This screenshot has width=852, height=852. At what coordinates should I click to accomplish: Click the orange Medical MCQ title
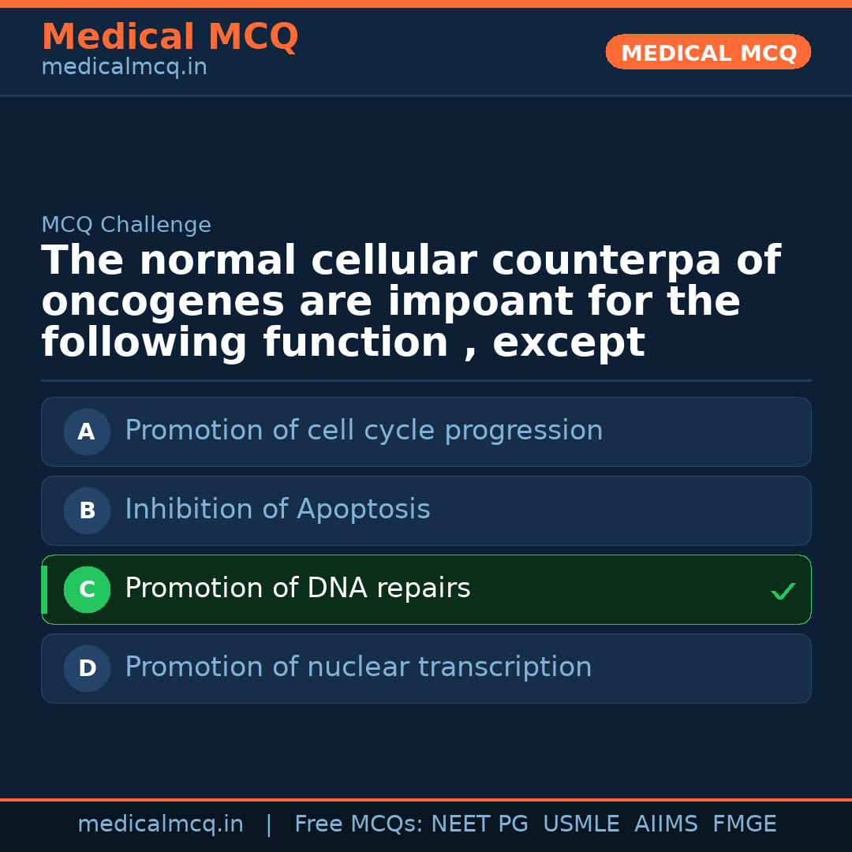pos(170,36)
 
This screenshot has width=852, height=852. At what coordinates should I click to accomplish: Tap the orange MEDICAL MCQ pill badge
pos(708,52)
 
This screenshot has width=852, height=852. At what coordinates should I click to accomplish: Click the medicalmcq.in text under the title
pos(125,67)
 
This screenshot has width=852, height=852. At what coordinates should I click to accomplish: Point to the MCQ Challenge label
pos(126,224)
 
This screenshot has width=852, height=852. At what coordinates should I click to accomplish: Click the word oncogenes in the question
pos(163,302)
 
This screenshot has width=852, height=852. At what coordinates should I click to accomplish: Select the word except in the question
pos(569,343)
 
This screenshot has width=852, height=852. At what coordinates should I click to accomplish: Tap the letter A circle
pos(87,432)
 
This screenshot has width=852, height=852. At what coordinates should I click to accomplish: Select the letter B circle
pos(87,510)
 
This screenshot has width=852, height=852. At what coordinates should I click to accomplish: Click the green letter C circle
pos(87,589)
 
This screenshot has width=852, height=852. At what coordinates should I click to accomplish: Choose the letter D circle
pos(87,668)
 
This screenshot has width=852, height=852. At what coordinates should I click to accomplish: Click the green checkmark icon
pos(783,591)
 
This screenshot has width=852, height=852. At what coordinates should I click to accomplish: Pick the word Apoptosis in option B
pos(364,509)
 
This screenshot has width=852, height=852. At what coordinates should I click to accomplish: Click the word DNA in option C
pos(338,588)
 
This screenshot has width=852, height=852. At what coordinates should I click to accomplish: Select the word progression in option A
pos(524,431)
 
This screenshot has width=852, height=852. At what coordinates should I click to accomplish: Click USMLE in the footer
pos(581,824)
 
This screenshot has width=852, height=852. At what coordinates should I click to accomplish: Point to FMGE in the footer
pos(745,824)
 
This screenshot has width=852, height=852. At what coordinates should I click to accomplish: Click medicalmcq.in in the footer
pos(161,824)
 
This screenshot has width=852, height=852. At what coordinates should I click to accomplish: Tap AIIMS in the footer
pos(666,824)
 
